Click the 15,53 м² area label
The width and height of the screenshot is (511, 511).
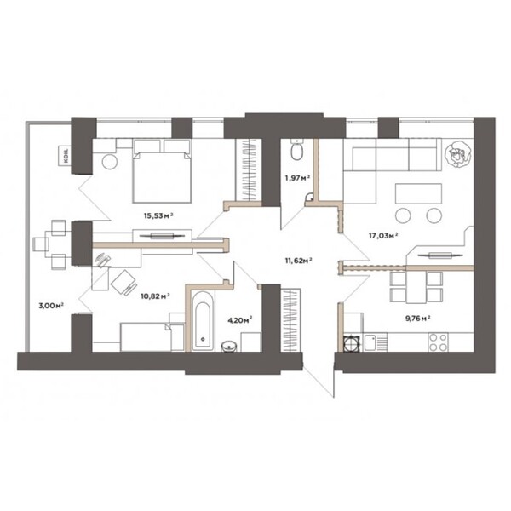[x=158, y=215]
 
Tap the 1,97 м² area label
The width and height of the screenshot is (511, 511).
[x=297, y=178]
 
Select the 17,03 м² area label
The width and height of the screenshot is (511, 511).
[x=383, y=236]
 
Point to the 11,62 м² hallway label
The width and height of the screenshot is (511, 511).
[x=298, y=261]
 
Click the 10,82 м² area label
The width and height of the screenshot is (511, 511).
[x=156, y=296]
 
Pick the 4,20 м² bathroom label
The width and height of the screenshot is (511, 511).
[x=239, y=320]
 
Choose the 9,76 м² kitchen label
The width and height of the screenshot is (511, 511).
[x=418, y=318]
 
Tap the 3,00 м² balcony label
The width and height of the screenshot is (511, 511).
[x=51, y=306]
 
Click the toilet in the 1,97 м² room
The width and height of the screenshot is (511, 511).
[x=296, y=150]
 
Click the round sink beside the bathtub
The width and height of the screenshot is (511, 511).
[x=229, y=346]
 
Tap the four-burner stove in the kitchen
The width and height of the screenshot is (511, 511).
[x=438, y=342]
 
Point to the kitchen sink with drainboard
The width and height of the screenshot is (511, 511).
[x=376, y=342]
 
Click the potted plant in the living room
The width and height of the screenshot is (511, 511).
[x=458, y=154]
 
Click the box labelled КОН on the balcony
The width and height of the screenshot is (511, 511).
[x=65, y=156]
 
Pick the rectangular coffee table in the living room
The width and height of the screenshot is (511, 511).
[x=418, y=193]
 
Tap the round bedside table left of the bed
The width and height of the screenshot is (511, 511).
[x=110, y=161]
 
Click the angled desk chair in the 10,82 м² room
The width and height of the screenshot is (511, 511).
[x=124, y=282]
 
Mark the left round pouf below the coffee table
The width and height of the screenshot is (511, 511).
[x=403, y=215]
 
